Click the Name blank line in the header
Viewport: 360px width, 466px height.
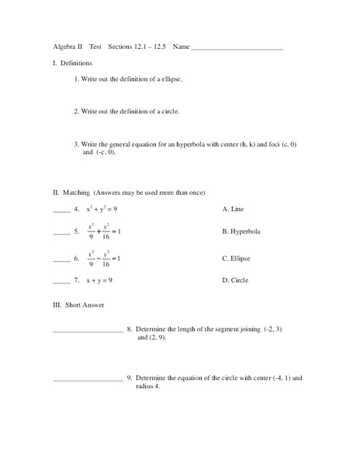tap(237, 48)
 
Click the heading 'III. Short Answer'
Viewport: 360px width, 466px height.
tap(78, 304)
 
